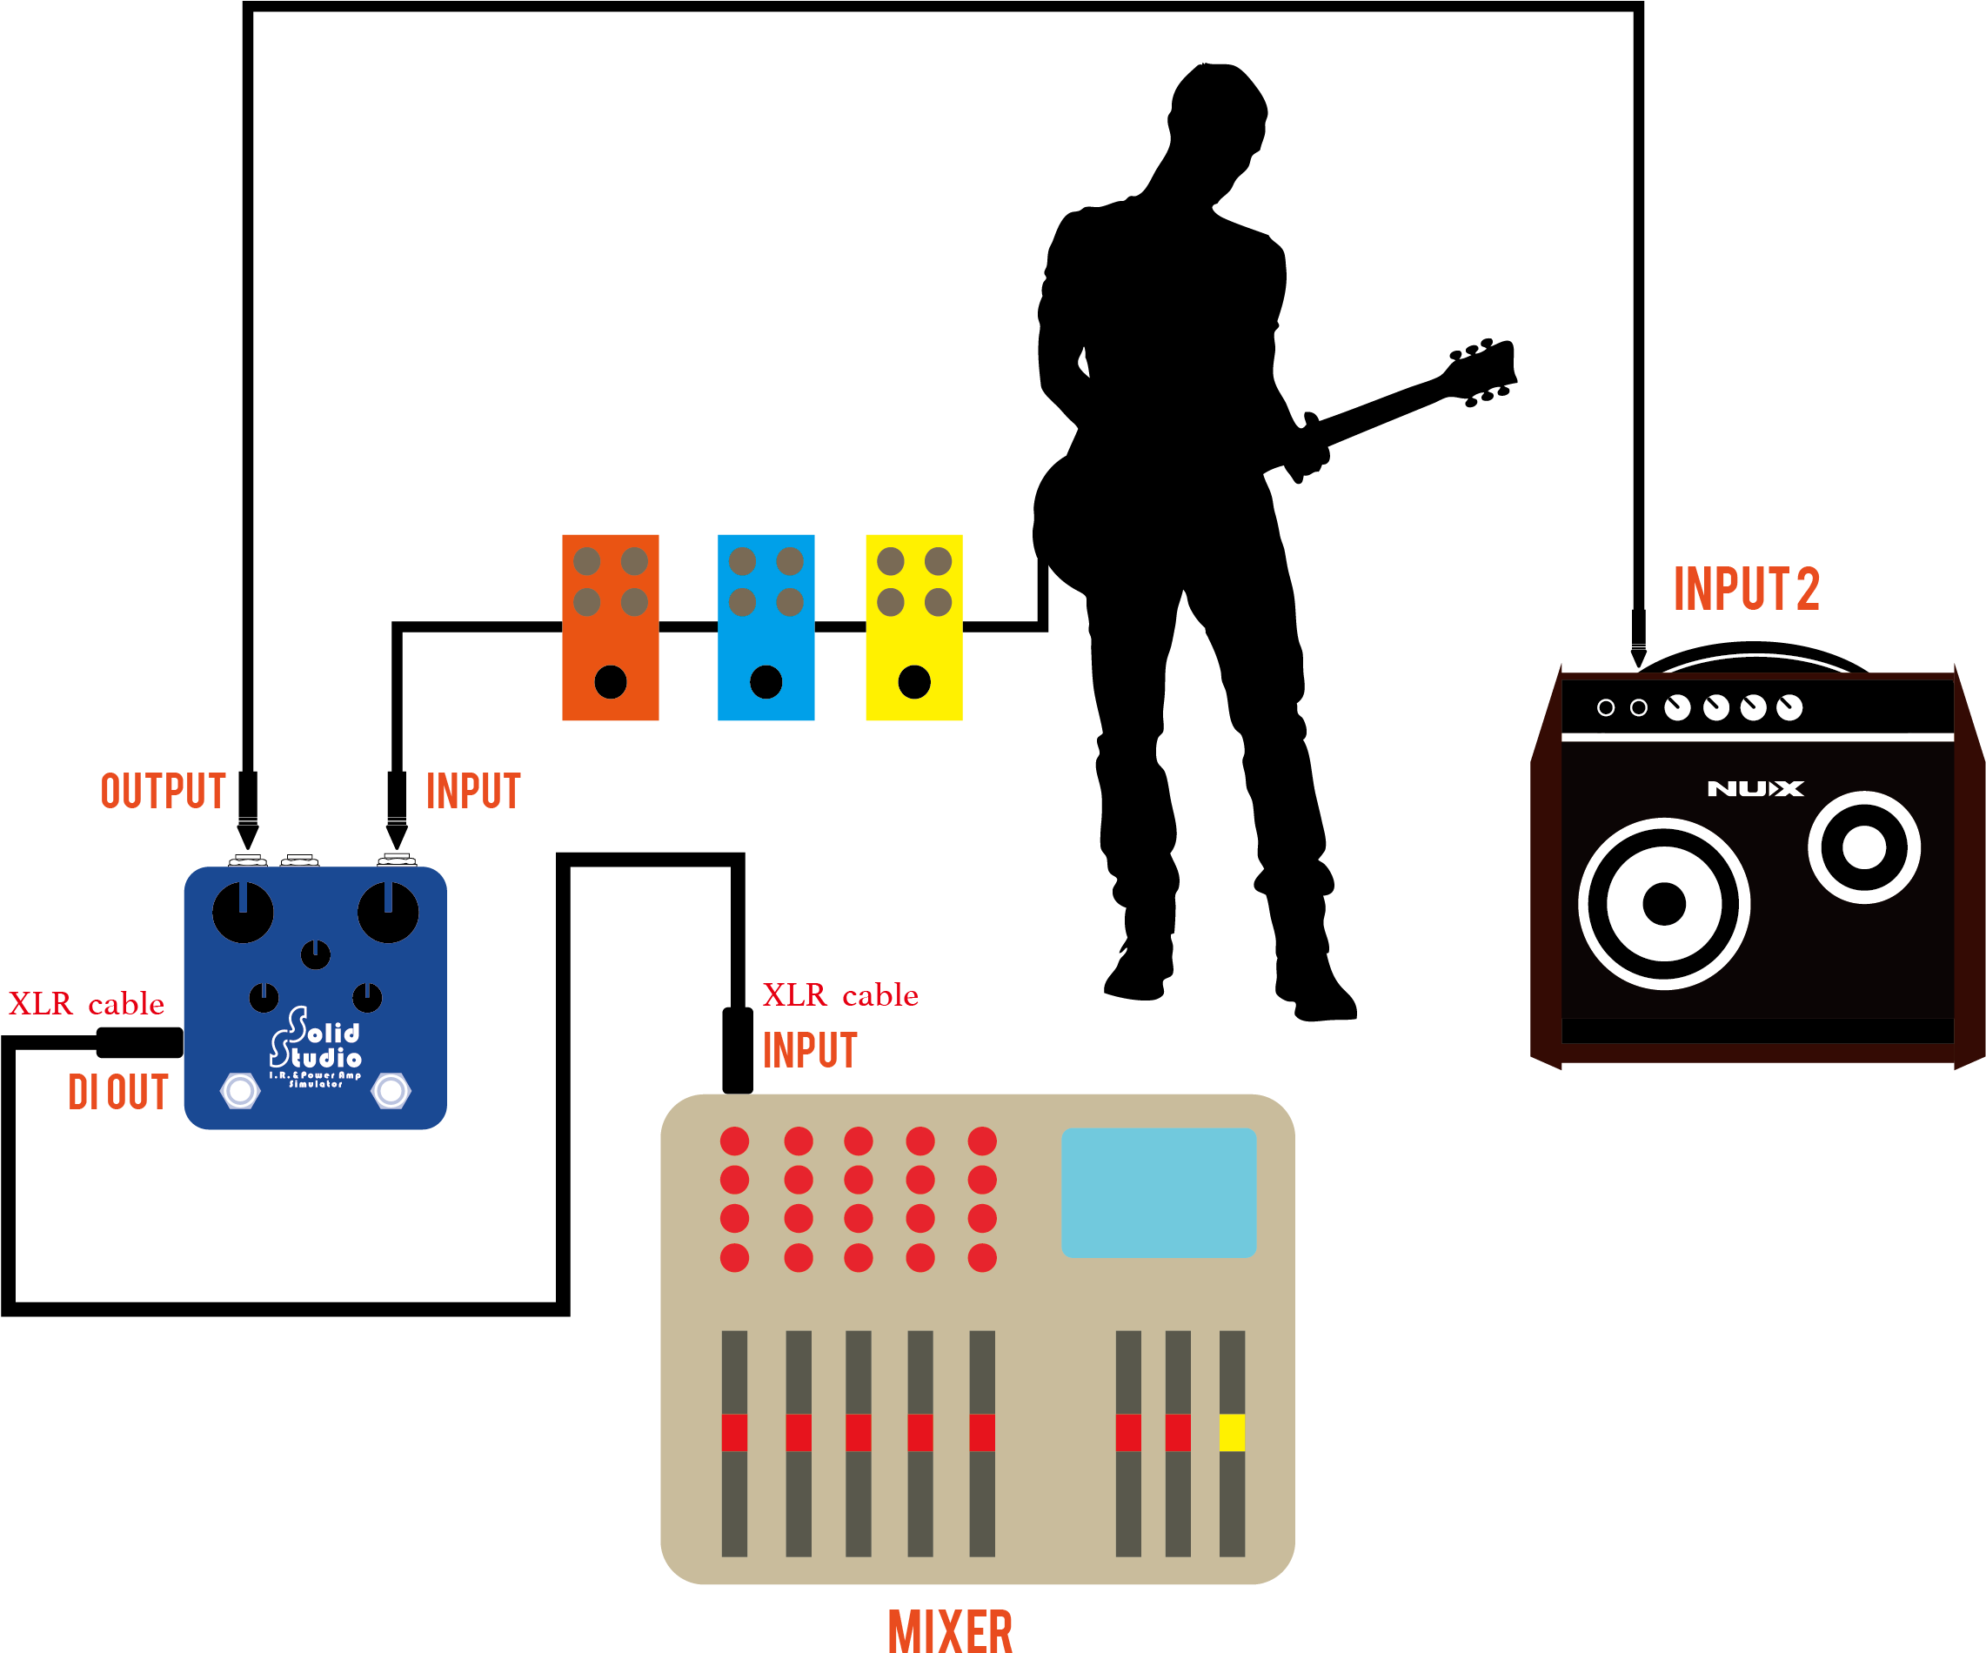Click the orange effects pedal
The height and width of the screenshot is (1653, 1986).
[x=610, y=627]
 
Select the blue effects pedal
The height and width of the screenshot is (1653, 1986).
[x=766, y=627]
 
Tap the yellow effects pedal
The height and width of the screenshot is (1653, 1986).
[x=913, y=627]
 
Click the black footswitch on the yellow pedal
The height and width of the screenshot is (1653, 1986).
[x=913, y=681]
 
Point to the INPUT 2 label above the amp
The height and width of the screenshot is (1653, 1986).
[x=1746, y=589]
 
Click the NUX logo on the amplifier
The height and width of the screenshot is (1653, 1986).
[x=1755, y=789]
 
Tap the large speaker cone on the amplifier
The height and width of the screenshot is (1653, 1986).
[x=1663, y=903]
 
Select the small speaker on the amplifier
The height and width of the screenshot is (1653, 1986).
[x=1864, y=847]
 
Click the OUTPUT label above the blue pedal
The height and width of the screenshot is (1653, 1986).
[x=163, y=792]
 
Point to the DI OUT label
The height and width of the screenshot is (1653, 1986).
[x=118, y=1092]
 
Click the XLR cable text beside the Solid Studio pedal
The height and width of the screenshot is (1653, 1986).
[x=86, y=1003]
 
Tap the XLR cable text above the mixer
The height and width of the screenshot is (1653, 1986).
[x=840, y=994]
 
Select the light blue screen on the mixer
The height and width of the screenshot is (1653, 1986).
[x=1159, y=1193]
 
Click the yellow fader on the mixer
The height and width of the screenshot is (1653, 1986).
[x=1231, y=1432]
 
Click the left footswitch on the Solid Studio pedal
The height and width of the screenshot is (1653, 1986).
[x=240, y=1090]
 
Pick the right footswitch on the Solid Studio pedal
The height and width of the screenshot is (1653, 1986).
[x=391, y=1090]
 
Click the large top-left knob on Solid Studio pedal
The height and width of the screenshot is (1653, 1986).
[x=243, y=913]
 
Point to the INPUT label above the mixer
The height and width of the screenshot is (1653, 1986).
[x=810, y=1051]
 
